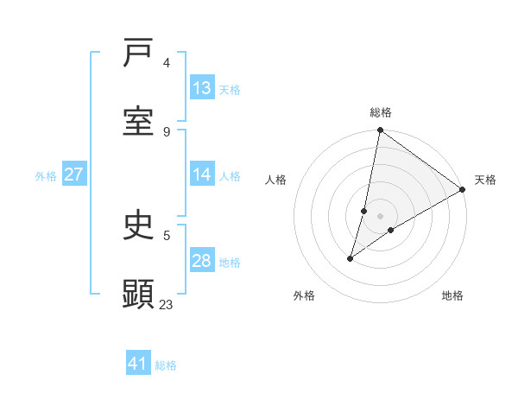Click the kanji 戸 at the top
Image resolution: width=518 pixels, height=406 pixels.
(x=138, y=54)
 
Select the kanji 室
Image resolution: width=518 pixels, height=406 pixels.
(x=138, y=122)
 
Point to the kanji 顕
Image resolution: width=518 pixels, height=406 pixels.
(x=138, y=295)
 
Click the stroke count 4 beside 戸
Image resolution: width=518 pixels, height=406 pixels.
(x=167, y=63)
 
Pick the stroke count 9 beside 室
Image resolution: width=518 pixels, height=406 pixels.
(x=167, y=131)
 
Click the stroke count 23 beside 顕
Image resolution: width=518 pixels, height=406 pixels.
(x=167, y=304)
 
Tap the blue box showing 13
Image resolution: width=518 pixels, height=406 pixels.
(x=202, y=88)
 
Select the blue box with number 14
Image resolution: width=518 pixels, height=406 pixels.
(x=202, y=174)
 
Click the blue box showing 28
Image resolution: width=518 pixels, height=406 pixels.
(x=202, y=261)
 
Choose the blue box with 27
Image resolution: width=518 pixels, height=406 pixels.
(x=74, y=174)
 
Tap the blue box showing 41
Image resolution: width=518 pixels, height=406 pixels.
(x=138, y=364)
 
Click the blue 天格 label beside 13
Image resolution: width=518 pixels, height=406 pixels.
(x=229, y=90)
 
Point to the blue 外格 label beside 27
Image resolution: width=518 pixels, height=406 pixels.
(x=46, y=176)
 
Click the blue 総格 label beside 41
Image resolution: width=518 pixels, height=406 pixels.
(x=166, y=365)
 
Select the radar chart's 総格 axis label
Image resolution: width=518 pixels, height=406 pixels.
(x=381, y=112)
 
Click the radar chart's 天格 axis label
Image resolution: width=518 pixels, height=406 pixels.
(x=485, y=180)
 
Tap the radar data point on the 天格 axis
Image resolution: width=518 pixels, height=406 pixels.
(x=462, y=189)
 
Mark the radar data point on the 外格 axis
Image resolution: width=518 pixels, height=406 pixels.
(x=351, y=258)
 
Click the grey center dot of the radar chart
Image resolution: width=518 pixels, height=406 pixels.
(x=381, y=216)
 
